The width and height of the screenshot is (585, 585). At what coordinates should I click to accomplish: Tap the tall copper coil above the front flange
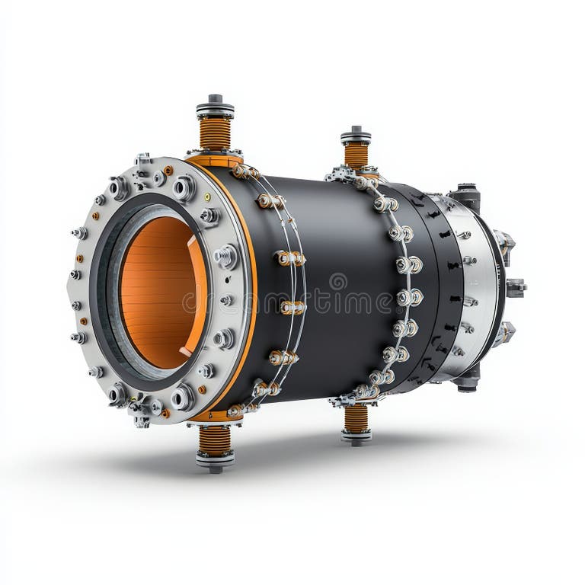(x=215, y=134)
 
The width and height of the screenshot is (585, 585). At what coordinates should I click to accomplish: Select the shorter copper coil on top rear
(x=356, y=155)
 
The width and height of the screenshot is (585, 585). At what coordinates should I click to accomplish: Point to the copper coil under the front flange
(x=215, y=440)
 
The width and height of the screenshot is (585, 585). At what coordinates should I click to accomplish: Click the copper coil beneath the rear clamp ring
(x=356, y=418)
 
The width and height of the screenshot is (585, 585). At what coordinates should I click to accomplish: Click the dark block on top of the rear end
(x=466, y=196)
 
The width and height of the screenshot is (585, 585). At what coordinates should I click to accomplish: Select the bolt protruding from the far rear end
(x=516, y=287)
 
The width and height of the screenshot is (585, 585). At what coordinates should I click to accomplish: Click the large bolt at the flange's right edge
(x=225, y=257)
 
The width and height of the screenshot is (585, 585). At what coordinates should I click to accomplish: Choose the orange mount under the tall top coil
(x=215, y=161)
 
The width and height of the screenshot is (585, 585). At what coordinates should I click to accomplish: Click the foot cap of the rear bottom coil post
(x=356, y=436)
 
